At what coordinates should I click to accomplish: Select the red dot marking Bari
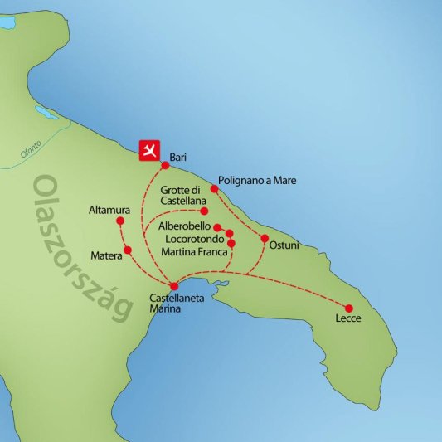pos(165,164)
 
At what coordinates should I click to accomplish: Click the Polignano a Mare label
pos(256,179)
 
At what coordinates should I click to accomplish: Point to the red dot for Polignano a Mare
pos(214,189)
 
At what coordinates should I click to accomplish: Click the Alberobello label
pos(183,226)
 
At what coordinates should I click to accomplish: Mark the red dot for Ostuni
pos(265,239)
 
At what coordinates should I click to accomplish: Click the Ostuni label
pos(284,245)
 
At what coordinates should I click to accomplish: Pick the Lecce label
pos(348,319)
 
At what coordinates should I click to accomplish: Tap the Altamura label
pos(106,211)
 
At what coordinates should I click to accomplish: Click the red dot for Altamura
pos(120,221)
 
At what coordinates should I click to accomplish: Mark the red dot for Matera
pos(127,250)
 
